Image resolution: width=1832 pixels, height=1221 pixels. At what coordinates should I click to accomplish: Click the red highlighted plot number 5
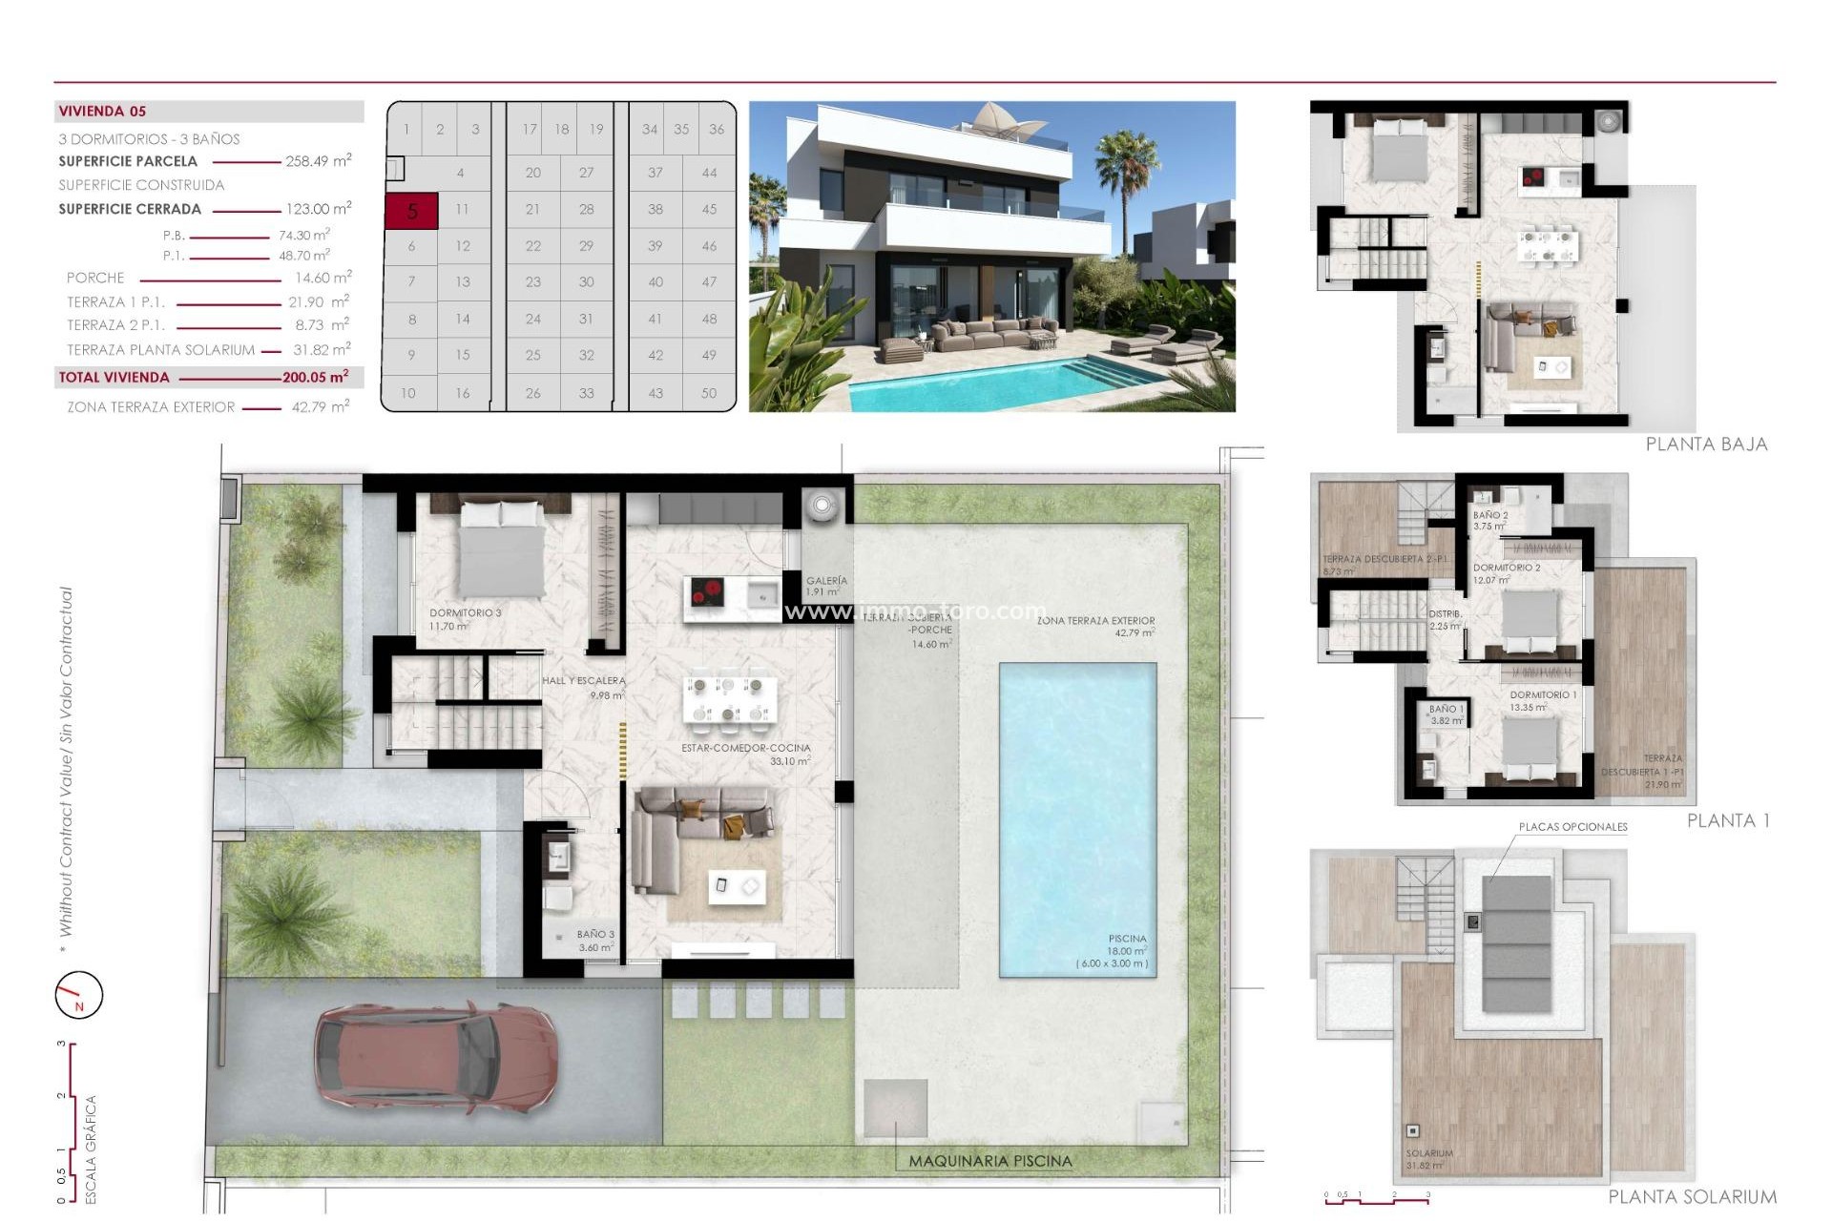[x=411, y=211]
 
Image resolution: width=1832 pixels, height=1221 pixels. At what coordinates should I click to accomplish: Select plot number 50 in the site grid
[x=708, y=393]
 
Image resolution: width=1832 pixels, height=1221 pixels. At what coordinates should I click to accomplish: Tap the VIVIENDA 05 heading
[x=102, y=112]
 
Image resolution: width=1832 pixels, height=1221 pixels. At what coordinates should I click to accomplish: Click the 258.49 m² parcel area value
[x=318, y=161]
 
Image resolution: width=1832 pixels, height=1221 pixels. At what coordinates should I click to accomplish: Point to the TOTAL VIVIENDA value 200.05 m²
[x=315, y=378]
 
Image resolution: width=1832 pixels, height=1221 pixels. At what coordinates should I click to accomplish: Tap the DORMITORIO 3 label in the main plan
[x=465, y=613]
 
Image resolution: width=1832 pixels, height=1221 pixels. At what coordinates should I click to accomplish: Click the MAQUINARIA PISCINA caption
[x=989, y=1162]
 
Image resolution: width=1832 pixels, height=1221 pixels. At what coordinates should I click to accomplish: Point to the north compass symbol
[x=78, y=995]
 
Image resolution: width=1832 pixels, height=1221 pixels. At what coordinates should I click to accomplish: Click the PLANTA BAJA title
[x=1706, y=445]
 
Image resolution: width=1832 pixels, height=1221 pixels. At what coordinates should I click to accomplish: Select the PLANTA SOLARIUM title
[x=1692, y=1197]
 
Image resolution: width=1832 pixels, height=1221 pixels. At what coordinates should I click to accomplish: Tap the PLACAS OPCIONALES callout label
[x=1572, y=827]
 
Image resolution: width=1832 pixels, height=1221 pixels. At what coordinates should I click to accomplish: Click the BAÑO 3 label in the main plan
[x=595, y=935]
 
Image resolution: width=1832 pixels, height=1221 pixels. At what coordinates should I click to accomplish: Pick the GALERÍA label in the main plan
[x=826, y=581]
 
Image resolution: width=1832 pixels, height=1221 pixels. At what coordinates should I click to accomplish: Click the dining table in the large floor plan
[x=729, y=699]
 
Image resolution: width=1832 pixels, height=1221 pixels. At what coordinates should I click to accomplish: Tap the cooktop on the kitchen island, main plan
[x=707, y=593]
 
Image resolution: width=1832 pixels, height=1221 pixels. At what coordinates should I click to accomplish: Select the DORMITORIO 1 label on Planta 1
[x=1543, y=695]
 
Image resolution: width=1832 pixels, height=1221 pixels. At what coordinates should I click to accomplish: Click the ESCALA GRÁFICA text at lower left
[x=92, y=1149]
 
